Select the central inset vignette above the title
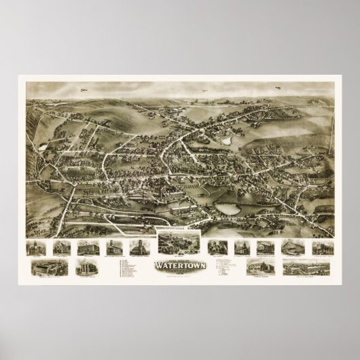click(179, 241)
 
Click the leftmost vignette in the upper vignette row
click(35, 247)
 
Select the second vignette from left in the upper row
click(60, 247)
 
